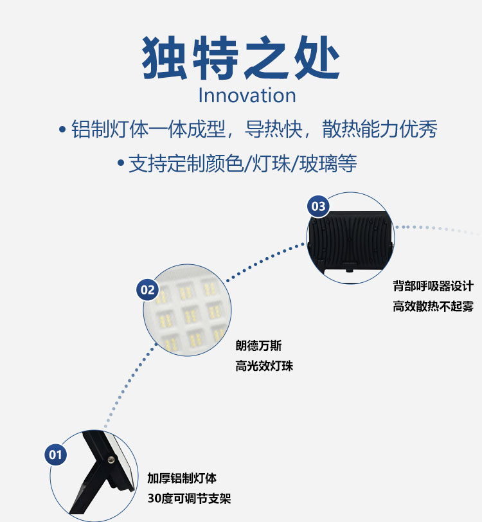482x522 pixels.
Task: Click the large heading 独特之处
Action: click(x=240, y=58)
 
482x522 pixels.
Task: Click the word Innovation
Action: click(x=247, y=96)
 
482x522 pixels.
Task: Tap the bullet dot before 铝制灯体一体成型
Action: click(x=62, y=129)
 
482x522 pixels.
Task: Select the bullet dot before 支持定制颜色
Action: click(x=121, y=163)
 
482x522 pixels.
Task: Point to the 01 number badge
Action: click(x=55, y=455)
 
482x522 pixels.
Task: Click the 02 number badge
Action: click(x=147, y=290)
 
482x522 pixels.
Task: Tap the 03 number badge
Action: click(x=318, y=206)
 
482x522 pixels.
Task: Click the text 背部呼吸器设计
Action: click(x=433, y=286)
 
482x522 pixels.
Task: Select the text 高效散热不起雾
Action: click(x=433, y=306)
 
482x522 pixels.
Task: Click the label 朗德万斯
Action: click(x=258, y=346)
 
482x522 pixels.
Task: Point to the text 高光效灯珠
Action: click(x=264, y=366)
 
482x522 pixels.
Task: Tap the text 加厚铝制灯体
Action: click(x=182, y=478)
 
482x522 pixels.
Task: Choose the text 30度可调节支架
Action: click(x=189, y=498)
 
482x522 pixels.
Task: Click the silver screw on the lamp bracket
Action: click(x=111, y=460)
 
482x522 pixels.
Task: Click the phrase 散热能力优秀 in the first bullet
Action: click(x=380, y=129)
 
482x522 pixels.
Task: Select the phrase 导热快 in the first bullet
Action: click(x=273, y=129)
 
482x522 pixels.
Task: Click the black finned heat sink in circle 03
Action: click(x=350, y=239)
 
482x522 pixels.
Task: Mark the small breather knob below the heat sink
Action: click(x=349, y=269)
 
